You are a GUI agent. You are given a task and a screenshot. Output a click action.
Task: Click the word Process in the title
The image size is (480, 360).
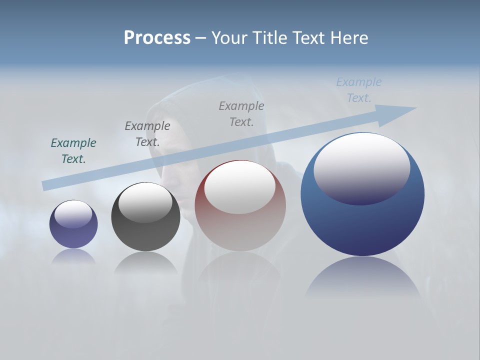pos(157,38)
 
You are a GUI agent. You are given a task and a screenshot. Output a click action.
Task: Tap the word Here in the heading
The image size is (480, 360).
pos(349,38)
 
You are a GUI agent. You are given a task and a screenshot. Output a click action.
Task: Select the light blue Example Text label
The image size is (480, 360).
pos(359,90)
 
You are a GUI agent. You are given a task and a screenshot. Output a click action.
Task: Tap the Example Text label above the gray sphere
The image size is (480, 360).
pos(147,134)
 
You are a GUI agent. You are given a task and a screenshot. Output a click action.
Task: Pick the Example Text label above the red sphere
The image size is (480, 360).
pos(241,114)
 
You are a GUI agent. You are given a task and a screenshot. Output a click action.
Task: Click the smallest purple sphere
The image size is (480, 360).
pos(73,235)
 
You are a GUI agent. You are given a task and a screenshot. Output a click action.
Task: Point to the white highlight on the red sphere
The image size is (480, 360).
pos(240,186)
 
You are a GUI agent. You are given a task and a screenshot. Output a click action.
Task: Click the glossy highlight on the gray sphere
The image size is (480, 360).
pos(145,201)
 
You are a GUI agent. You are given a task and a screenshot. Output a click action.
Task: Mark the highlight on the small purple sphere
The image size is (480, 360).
pos(73,213)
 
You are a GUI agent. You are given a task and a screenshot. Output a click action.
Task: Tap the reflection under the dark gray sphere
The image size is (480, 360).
pos(145,262)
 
